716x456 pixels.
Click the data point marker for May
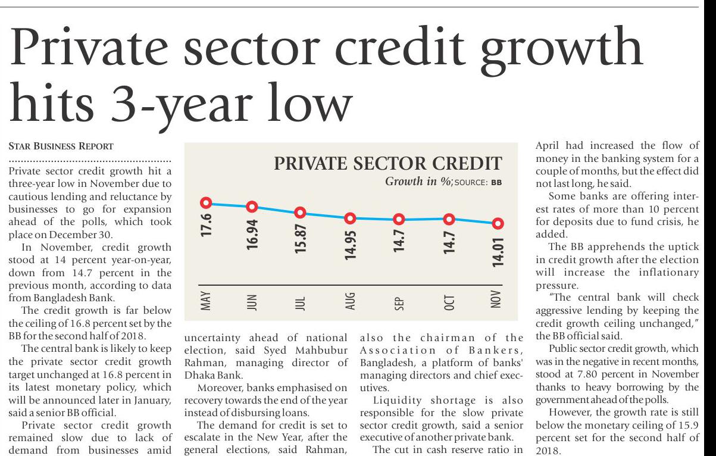click(x=207, y=202)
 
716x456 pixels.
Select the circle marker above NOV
click(x=498, y=223)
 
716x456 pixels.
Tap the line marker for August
click(x=351, y=218)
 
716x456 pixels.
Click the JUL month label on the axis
click(x=301, y=303)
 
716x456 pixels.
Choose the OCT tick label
click(x=449, y=303)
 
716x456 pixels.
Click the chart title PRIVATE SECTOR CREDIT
click(x=387, y=164)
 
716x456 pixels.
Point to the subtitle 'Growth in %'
click(x=419, y=182)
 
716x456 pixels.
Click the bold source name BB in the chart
click(x=496, y=183)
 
